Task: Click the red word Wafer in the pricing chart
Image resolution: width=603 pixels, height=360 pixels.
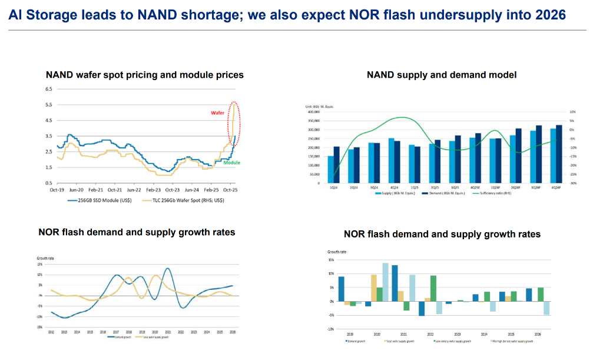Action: (218, 113)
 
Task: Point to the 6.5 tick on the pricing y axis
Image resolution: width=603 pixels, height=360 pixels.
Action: (49, 89)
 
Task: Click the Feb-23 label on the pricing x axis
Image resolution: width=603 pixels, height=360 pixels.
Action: (153, 190)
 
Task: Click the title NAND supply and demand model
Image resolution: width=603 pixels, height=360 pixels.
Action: (442, 75)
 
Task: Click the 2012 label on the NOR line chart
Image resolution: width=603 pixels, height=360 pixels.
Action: (51, 333)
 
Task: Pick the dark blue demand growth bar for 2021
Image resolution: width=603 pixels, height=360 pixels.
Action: (395, 283)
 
